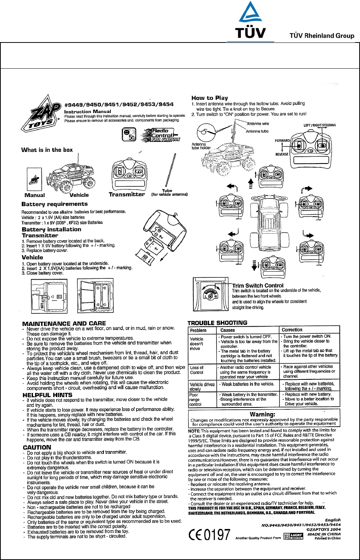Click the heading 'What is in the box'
(x=47, y=150)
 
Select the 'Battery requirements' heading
(x=54, y=204)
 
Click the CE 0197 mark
(x=209, y=535)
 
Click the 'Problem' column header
(x=198, y=330)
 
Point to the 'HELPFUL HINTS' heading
(x=47, y=395)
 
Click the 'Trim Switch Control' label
(x=258, y=285)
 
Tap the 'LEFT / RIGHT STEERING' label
(x=319, y=125)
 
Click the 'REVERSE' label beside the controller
(x=282, y=154)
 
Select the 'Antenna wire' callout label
(x=258, y=124)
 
